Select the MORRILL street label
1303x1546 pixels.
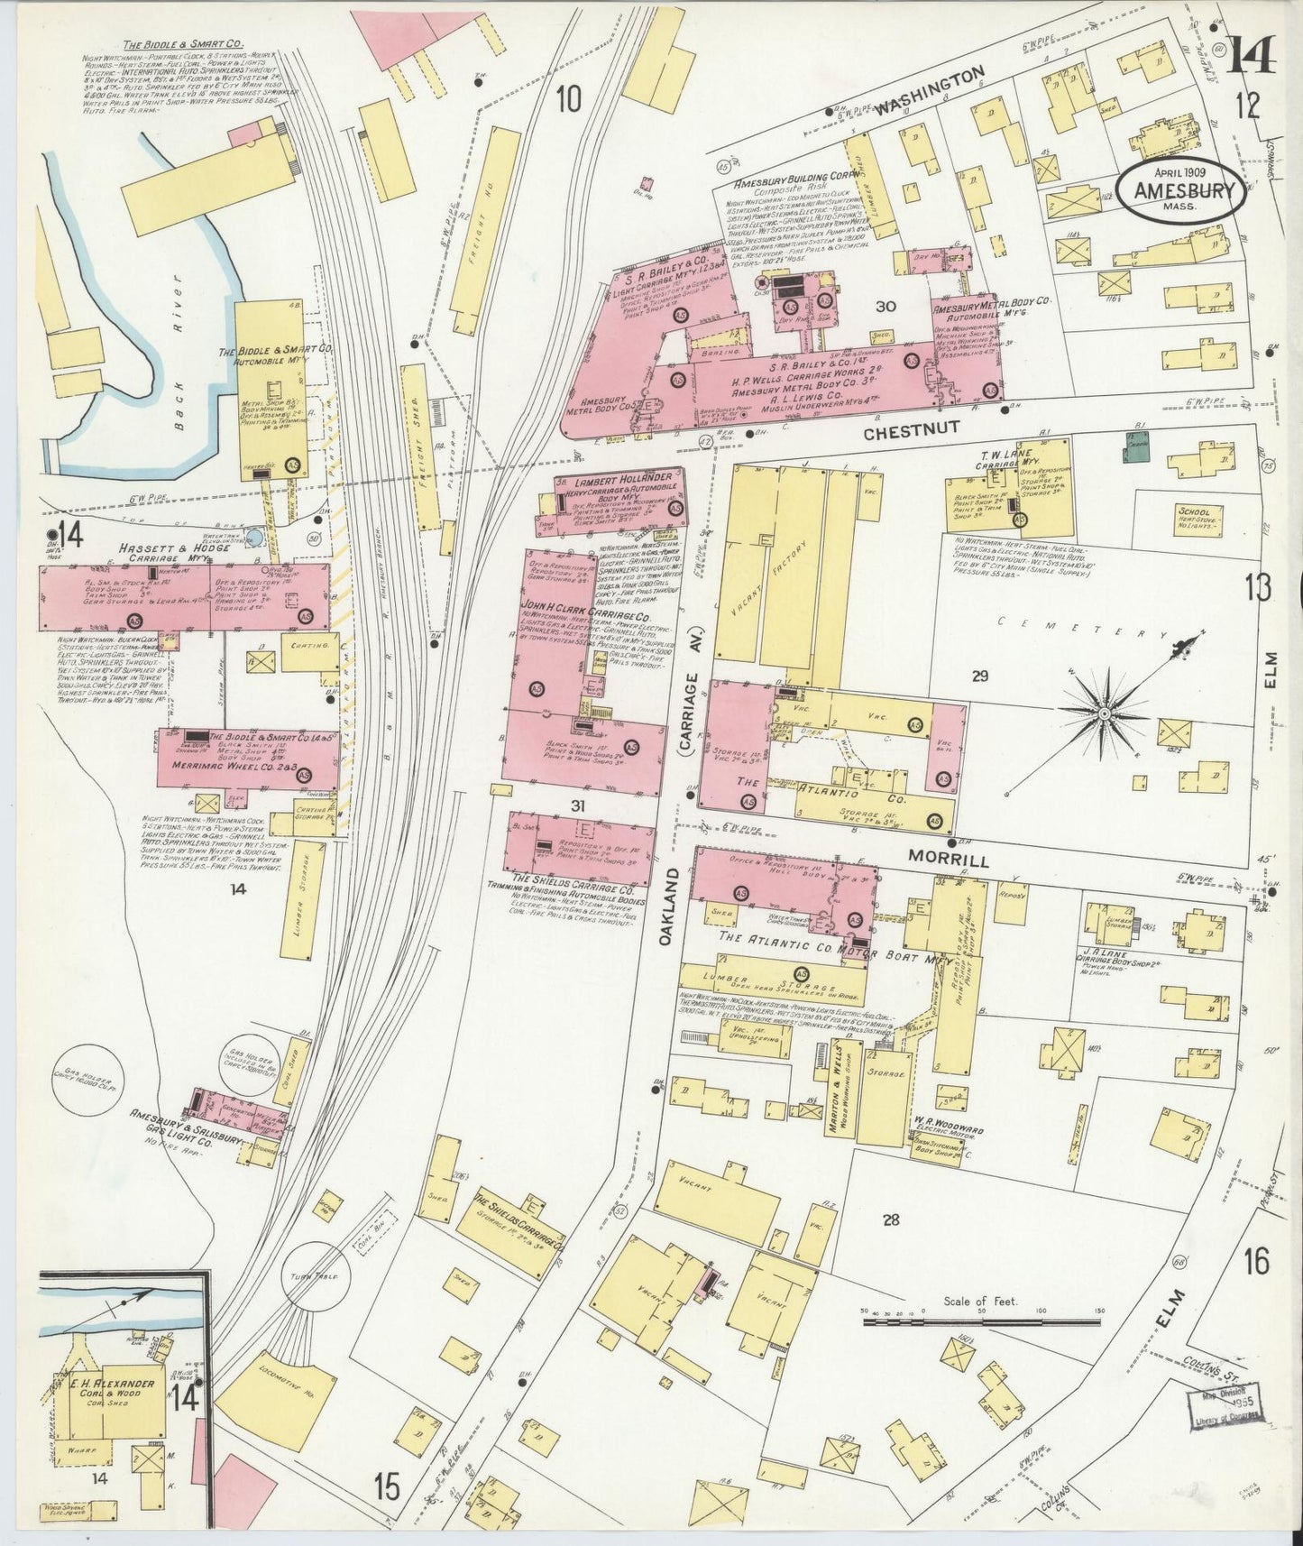(x=948, y=859)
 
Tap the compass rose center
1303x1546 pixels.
(x=1102, y=714)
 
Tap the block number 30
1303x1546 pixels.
(x=885, y=307)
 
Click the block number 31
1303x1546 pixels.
(x=578, y=805)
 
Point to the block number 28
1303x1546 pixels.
(x=890, y=1220)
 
